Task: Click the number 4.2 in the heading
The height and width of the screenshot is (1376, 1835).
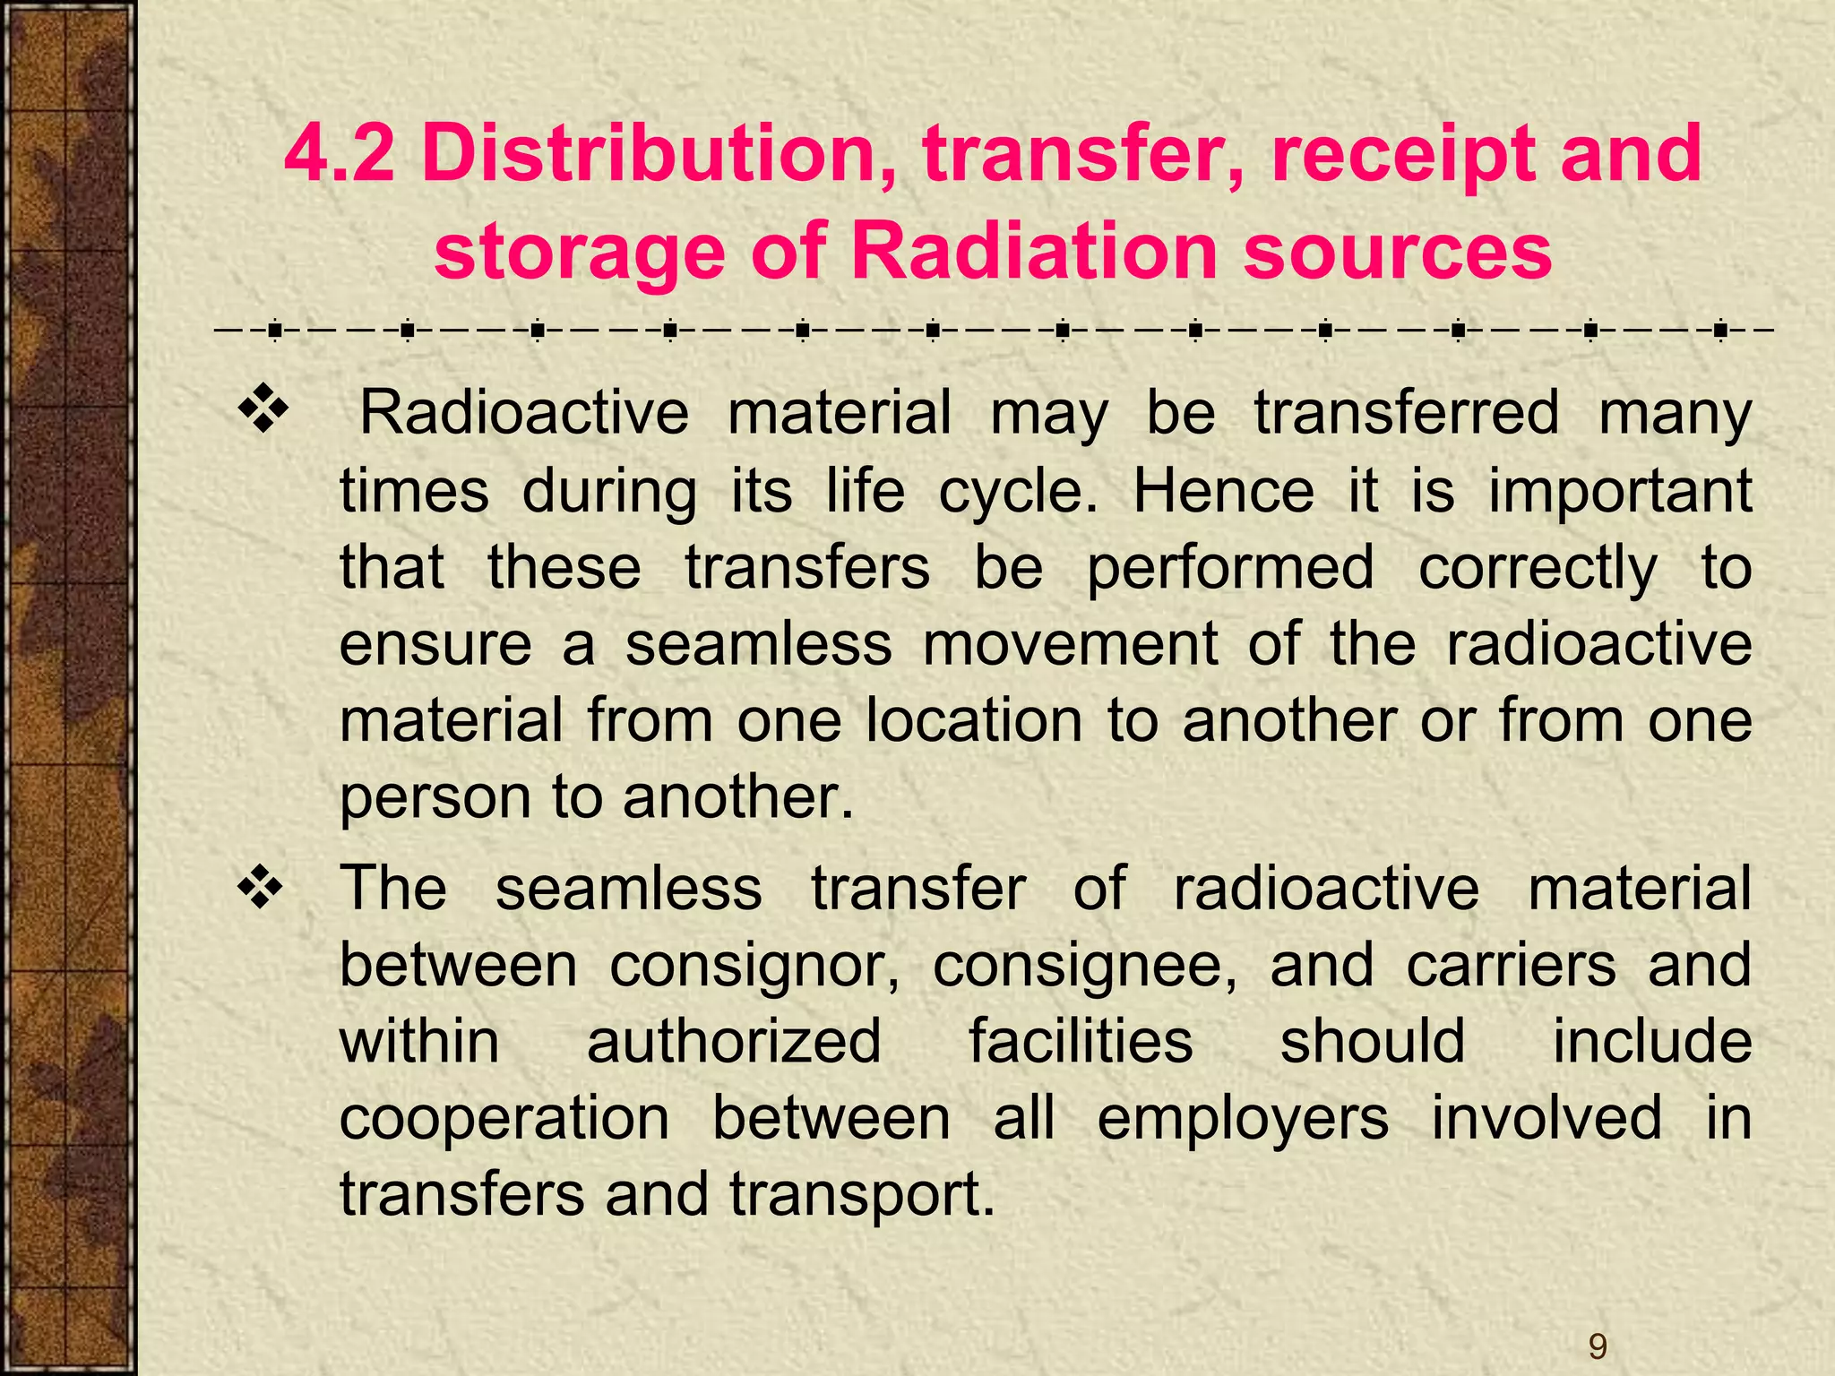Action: (340, 153)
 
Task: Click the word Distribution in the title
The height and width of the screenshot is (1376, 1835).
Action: (658, 153)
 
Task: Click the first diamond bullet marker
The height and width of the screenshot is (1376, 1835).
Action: (263, 411)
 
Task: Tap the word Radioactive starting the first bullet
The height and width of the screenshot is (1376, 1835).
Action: (524, 413)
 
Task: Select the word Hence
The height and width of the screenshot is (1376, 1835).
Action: (1224, 491)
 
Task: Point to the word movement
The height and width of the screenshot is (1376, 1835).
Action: (1071, 644)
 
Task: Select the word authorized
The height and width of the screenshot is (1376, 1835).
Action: (734, 1042)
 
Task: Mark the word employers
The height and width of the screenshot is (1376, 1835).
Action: (1243, 1120)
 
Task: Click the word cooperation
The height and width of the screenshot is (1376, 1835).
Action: (504, 1120)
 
